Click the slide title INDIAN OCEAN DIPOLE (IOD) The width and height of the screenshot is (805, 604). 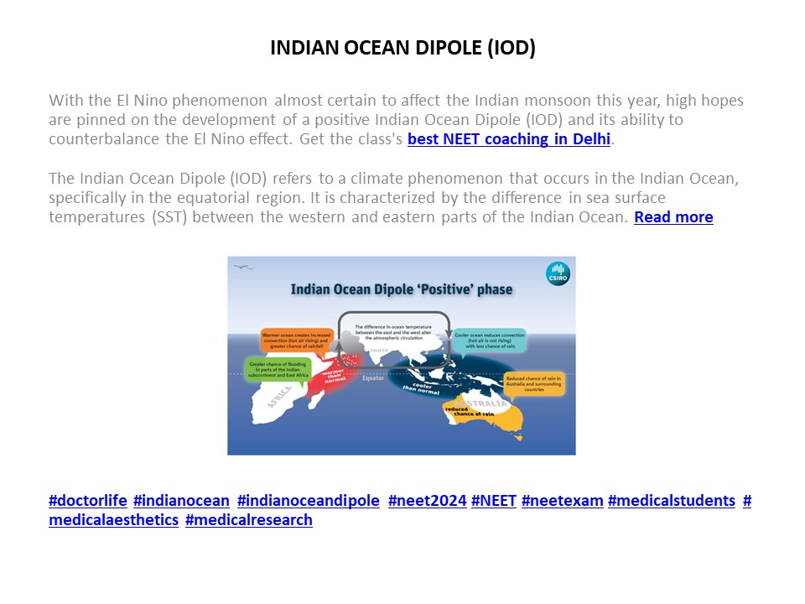click(402, 48)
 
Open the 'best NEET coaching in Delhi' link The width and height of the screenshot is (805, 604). click(509, 139)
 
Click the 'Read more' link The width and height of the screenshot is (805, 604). click(673, 217)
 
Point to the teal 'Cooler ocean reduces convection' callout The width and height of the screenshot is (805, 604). click(490, 340)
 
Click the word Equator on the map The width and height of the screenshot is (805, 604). click(372, 378)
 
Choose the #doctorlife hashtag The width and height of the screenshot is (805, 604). click(88, 501)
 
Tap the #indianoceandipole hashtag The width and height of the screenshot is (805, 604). click(309, 501)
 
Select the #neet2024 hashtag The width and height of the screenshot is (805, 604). click(427, 501)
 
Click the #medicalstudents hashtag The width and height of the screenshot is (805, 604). click(671, 501)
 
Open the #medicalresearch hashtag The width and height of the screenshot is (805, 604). click(248, 520)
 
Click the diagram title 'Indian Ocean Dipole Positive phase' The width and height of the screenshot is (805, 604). click(401, 290)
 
